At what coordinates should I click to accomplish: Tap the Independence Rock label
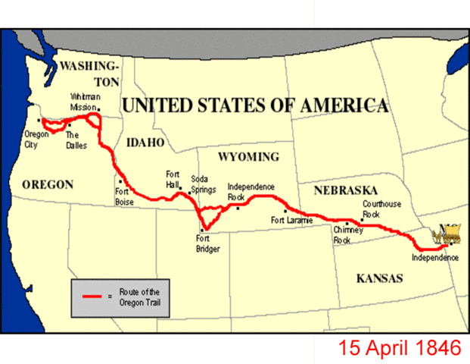251,191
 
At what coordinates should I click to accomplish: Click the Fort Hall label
173,178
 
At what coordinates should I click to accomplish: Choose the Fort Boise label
124,197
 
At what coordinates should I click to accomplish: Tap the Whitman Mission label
84,102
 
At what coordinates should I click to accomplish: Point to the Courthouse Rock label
381,209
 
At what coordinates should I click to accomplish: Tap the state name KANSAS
379,278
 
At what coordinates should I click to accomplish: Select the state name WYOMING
248,157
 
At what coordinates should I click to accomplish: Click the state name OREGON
47,184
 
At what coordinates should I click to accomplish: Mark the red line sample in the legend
94,296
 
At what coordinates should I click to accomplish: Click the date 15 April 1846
399,348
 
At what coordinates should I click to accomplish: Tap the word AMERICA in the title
342,105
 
